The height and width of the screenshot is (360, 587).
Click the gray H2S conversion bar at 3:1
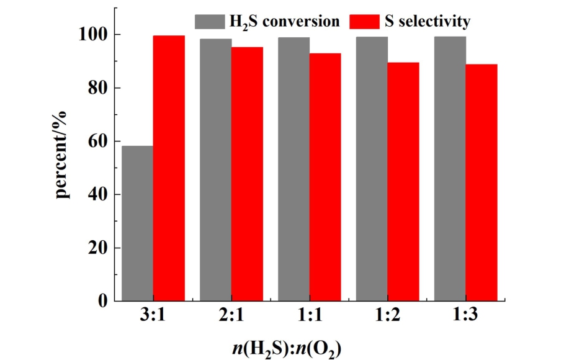[138, 223]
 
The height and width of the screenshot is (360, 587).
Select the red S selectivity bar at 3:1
[169, 168]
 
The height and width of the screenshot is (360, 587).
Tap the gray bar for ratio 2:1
[215, 170]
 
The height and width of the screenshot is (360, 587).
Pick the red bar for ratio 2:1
[247, 174]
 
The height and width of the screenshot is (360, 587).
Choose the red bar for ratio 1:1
[325, 178]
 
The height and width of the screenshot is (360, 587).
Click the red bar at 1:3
[482, 183]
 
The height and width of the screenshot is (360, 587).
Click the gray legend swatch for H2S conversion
[210, 22]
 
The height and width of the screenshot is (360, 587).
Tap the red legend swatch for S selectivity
[365, 22]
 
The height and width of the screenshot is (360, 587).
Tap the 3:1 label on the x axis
[153, 318]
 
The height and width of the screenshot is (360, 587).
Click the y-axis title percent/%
[61, 153]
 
